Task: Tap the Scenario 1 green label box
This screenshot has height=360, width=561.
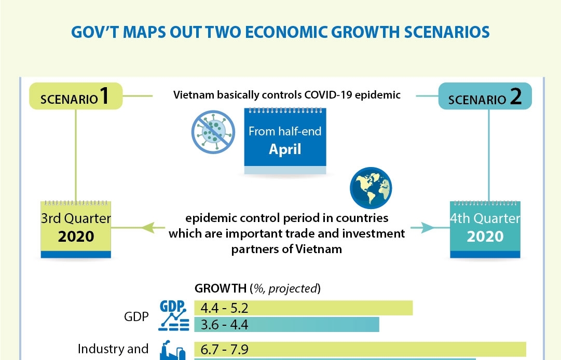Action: tap(76, 96)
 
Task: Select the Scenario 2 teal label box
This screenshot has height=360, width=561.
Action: tap(485, 97)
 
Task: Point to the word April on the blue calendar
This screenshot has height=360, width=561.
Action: tap(285, 149)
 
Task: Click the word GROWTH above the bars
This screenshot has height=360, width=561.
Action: tap(220, 288)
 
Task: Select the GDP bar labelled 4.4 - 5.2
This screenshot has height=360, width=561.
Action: tap(303, 308)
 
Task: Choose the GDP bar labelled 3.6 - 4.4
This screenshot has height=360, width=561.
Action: tap(286, 325)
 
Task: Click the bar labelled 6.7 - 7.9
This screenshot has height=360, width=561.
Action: tap(360, 349)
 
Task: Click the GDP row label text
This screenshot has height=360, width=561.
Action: tap(136, 316)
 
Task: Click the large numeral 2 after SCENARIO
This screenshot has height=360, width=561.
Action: tap(515, 96)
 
